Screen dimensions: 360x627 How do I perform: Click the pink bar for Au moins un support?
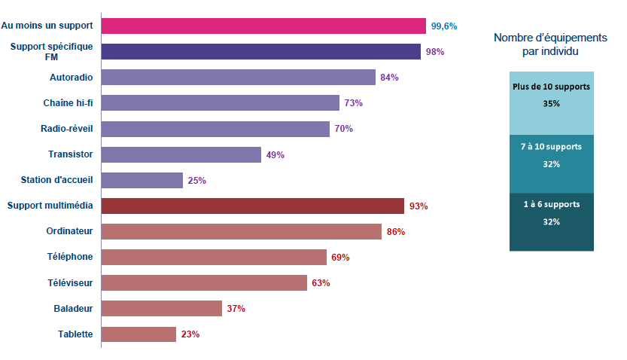(263, 26)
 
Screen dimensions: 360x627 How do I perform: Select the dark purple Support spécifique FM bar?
(260, 51)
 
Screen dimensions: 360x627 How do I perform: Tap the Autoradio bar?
(238, 77)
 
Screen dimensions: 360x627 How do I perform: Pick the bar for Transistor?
(181, 154)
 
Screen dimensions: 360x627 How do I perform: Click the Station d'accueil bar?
(142, 180)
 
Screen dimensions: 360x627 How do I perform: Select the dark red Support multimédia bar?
(252, 206)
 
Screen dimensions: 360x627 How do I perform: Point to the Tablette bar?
(138, 334)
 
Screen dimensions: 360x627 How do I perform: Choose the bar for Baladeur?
(161, 308)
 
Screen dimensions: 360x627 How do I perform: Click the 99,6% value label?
(444, 26)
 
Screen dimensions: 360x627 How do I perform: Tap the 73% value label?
(354, 103)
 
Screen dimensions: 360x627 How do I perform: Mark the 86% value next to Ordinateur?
(396, 232)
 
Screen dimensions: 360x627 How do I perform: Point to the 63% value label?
(321, 283)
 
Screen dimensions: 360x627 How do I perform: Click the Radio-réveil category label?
(66, 128)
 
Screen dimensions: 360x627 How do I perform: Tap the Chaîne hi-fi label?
(68, 102)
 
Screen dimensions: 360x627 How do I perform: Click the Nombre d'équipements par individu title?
(550, 44)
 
